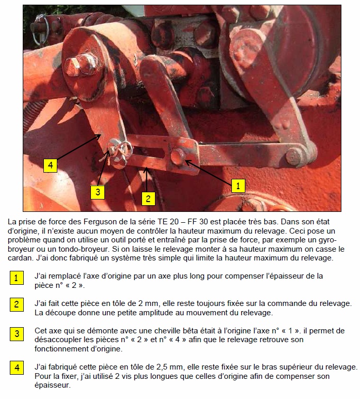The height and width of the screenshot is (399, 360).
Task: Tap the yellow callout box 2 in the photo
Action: click(148, 197)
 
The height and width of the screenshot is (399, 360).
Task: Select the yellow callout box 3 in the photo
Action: click(98, 192)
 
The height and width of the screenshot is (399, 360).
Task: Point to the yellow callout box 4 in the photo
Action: click(50, 165)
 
